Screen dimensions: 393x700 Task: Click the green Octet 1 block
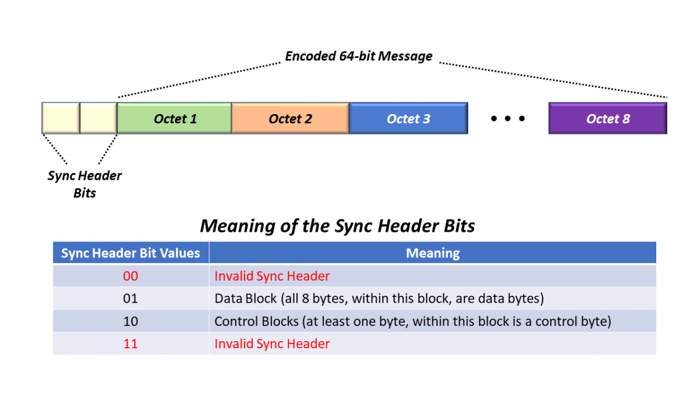pos(174,119)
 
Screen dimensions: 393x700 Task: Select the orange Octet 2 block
pos(290,119)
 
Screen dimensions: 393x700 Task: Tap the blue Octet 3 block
pos(408,119)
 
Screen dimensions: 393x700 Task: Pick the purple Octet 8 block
pos(607,119)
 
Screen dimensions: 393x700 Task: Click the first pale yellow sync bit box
pos(61,118)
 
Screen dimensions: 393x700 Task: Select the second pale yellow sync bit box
pos(98,118)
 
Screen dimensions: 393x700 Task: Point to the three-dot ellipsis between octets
pos(508,119)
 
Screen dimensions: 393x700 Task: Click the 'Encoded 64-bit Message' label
pos(358,56)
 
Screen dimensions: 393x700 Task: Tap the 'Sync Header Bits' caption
pos(85,184)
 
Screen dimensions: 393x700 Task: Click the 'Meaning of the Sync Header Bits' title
pos(337,226)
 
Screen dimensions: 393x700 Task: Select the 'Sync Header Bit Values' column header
pos(131,253)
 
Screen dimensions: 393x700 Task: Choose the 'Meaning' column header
pos(432,253)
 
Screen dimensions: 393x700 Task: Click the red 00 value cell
pos(131,276)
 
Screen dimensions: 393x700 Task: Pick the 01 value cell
pos(131,299)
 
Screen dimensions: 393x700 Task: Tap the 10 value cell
pos(131,321)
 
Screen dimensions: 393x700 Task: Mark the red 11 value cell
pos(131,344)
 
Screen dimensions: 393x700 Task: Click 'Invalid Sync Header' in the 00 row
pos(272,276)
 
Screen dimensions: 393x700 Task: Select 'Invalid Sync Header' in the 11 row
pos(272,344)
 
